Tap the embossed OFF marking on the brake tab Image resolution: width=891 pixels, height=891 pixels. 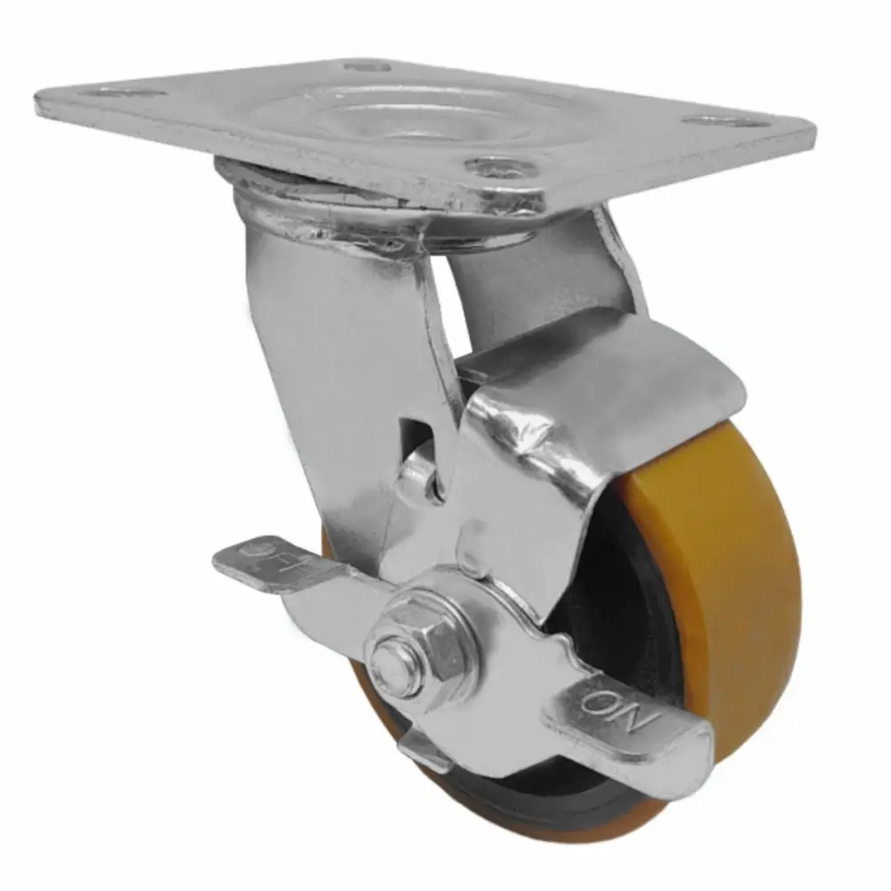point(260,553)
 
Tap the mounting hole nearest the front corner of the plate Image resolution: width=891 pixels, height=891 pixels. point(500,167)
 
